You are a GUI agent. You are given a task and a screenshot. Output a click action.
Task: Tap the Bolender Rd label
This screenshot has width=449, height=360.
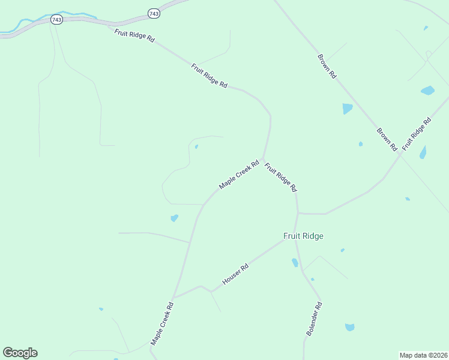coord(315,318)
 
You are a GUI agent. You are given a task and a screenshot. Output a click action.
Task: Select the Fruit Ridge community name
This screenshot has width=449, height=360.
coord(303,236)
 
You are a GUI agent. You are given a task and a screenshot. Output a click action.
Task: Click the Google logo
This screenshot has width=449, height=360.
coord(20,353)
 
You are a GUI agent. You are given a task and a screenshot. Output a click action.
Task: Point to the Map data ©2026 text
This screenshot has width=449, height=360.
coord(423,355)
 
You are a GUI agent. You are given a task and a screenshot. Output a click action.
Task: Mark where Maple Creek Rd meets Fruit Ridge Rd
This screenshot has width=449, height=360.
coord(263,158)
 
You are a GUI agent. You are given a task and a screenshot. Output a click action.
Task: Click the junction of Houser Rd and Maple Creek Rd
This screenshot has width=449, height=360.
coord(173,298)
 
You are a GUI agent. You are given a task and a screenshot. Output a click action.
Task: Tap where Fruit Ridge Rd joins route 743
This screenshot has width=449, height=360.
coord(109,25)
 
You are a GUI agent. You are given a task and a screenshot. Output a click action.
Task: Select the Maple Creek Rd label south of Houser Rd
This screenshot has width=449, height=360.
coord(162,323)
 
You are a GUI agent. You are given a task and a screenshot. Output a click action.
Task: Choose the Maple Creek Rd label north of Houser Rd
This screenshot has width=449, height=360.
coord(239,175)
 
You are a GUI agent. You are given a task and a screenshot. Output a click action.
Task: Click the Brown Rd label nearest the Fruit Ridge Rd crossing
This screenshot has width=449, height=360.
coord(387,139)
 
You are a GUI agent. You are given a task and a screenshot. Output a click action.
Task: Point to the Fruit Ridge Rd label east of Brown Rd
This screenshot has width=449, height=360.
coord(417,134)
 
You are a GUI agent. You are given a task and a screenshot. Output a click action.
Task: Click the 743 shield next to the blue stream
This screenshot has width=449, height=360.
coord(56,20)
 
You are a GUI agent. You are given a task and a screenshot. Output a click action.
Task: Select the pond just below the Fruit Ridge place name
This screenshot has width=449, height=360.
coord(295,262)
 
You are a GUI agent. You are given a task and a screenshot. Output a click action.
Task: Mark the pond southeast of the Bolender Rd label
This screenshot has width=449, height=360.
coord(349,327)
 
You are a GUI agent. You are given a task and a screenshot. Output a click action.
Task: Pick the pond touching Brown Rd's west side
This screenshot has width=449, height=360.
coord(347,109)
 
